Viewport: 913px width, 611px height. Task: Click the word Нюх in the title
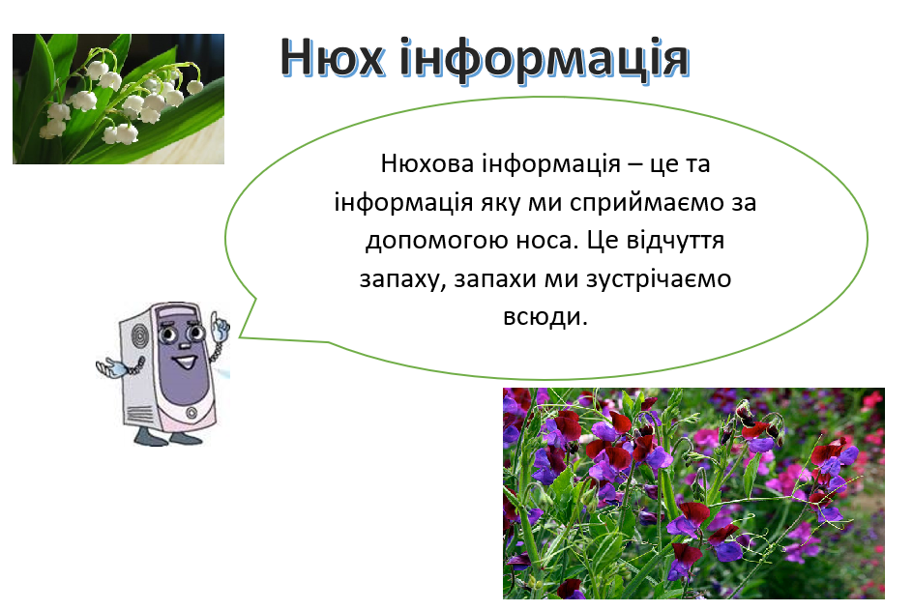333,58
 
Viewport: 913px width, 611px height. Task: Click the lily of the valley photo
118,99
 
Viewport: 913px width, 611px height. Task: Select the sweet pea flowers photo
692,493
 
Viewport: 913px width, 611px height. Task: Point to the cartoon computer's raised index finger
220,318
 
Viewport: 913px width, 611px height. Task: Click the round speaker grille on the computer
141,338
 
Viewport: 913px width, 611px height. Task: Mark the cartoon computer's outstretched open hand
110,367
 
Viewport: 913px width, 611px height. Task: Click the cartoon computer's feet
163,437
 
